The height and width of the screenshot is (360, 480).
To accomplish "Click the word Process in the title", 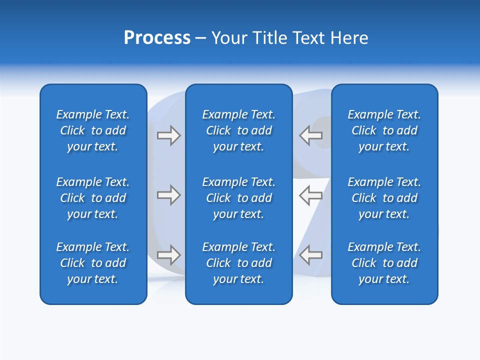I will [x=157, y=38].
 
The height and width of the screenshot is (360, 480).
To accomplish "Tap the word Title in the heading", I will [x=270, y=38].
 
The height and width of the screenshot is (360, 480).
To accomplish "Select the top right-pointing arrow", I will [x=168, y=135].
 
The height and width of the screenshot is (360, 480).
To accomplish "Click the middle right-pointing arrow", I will [x=168, y=195].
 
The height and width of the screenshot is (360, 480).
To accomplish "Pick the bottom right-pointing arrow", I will [x=168, y=255].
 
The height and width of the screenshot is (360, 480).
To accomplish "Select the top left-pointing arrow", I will [x=310, y=135].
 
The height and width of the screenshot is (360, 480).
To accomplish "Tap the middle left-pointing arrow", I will [x=310, y=195].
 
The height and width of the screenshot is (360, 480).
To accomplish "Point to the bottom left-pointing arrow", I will [x=310, y=255].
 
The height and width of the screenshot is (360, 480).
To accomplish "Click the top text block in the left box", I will [x=93, y=130].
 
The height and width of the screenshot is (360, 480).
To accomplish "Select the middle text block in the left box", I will [x=93, y=198].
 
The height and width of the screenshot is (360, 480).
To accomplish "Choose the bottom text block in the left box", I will [x=93, y=263].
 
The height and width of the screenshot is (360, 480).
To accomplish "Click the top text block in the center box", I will [x=238, y=130].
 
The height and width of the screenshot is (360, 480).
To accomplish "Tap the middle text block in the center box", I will [x=238, y=198].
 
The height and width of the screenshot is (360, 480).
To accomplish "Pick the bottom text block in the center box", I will [x=238, y=263].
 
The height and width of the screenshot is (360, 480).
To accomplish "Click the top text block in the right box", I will [x=384, y=130].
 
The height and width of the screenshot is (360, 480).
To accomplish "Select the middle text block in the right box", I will [x=384, y=198].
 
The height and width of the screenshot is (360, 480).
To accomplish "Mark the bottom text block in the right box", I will [x=384, y=263].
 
